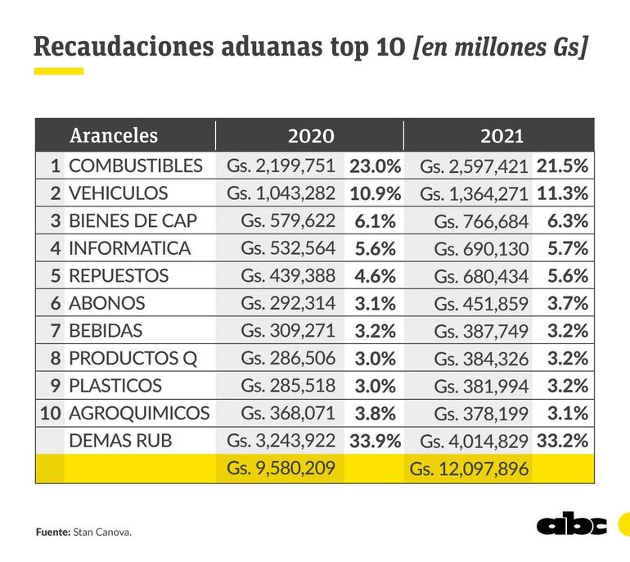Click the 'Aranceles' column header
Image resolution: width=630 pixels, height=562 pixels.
point(114,135)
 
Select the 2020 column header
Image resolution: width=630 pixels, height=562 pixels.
point(310,135)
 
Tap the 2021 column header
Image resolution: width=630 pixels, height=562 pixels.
point(502,135)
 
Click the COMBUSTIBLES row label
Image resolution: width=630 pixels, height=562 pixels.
point(135,165)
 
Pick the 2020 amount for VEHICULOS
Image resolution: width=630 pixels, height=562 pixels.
point(281,193)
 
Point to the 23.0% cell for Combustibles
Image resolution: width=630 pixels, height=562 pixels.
point(375,165)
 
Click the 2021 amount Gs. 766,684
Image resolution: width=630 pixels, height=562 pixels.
point(482,221)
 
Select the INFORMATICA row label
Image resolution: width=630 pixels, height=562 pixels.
point(129,248)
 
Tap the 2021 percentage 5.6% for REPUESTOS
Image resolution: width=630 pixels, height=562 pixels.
point(563,276)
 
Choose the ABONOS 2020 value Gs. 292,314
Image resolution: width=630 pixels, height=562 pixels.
point(288,303)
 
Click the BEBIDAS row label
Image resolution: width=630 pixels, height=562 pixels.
point(106,331)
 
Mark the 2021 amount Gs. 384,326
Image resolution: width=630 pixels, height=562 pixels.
point(482,358)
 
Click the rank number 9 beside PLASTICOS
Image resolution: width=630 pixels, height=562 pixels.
point(55,386)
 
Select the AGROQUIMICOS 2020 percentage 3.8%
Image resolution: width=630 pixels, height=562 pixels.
point(375,413)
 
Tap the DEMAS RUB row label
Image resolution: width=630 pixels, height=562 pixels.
point(121,441)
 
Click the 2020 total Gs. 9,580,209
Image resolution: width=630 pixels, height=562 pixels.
point(281,469)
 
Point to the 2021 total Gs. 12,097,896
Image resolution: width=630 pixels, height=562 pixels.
point(470,469)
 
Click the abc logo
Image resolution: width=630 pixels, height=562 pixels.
point(572,525)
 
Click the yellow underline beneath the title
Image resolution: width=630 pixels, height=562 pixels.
point(59,71)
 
